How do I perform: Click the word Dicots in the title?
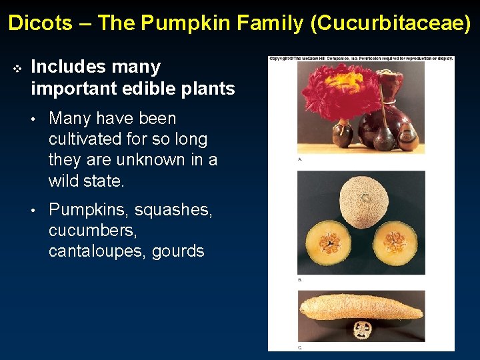40,23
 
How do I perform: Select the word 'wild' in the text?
65,181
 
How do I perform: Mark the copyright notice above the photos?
361,59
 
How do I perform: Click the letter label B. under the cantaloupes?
300,280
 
